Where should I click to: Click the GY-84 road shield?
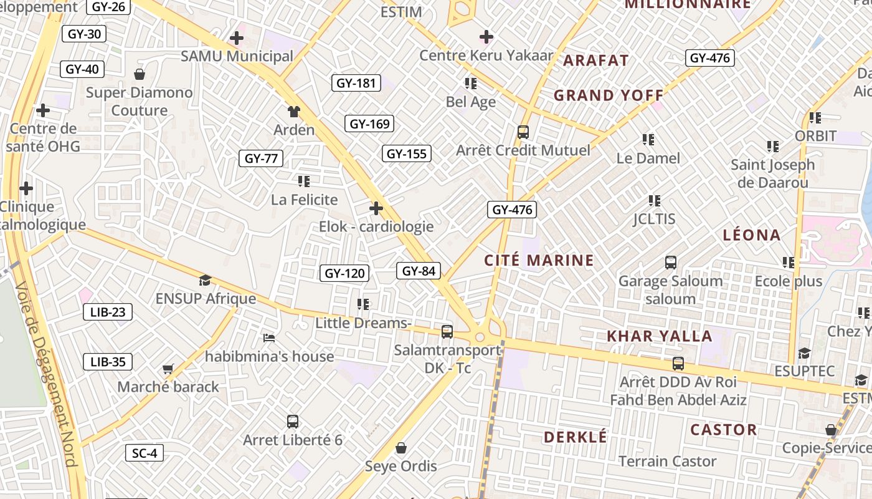[x=419, y=271]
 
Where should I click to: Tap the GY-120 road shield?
[x=344, y=273]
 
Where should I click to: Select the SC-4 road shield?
[x=145, y=453]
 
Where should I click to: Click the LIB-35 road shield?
[x=108, y=362]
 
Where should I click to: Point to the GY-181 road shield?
[x=356, y=83]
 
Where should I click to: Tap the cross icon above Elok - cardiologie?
[x=376, y=208]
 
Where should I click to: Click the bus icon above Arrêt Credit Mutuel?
[x=523, y=132]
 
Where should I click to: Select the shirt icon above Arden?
[x=294, y=112]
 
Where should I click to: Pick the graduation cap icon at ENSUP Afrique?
[x=206, y=281]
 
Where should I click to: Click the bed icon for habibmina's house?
[x=269, y=338]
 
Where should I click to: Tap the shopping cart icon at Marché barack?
[x=168, y=369]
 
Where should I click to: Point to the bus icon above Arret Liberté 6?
[x=293, y=422]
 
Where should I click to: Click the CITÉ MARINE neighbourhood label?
[x=539, y=260]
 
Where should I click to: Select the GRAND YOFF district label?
[x=609, y=95]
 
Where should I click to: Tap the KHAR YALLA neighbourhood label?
[x=659, y=336]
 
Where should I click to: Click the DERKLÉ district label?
[x=575, y=437]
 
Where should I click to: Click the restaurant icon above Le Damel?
[x=648, y=140]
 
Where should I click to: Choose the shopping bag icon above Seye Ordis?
[x=401, y=448]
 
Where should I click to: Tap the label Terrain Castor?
[x=667, y=462]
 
